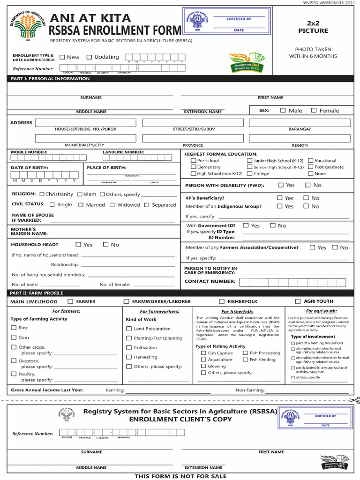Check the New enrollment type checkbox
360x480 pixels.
(62, 57)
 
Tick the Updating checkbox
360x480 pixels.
(90, 57)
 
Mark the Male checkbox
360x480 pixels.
(283, 111)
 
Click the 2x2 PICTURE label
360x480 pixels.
(313, 27)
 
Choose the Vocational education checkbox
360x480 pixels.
(310, 160)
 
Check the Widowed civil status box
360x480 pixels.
(112, 205)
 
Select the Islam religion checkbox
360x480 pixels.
(80, 194)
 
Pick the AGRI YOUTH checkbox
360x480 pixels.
(298, 301)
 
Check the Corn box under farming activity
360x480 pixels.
(14, 337)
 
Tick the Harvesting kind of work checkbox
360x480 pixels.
(129, 357)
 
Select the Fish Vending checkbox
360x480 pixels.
(245, 360)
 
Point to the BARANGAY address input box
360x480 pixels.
(300, 123)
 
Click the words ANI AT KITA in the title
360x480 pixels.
(90, 19)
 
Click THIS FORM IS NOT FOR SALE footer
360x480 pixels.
(180, 476)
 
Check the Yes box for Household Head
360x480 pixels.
(78, 244)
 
